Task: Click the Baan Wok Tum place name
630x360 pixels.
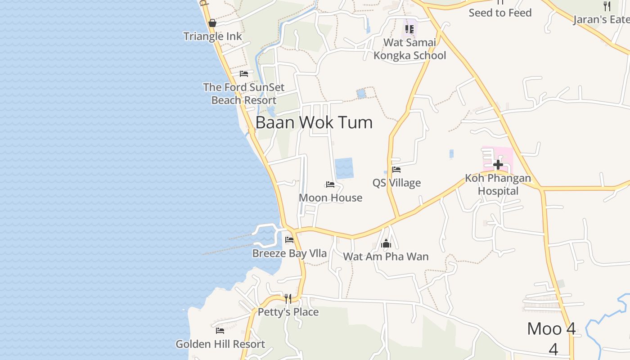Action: [314, 122]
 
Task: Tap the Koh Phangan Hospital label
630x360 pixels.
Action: [498, 184]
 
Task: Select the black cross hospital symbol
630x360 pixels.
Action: [498, 164]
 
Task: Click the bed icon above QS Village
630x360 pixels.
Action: [396, 170]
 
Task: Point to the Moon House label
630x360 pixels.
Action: [330, 198]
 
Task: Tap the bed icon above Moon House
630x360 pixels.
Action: [330, 184]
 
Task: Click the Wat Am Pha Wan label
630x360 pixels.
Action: [386, 256]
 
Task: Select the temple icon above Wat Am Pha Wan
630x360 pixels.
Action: [386, 244]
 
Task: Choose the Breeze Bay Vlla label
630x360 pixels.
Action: [289, 253]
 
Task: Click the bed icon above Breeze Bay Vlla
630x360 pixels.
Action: [289, 240]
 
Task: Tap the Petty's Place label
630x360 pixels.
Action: [288, 312]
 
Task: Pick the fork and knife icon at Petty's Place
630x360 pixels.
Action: [288, 298]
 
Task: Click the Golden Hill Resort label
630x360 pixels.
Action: [220, 344]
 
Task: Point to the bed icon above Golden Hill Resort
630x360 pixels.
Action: [220, 331]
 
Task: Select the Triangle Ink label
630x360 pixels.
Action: [213, 36]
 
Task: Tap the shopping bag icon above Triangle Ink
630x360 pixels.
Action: [212, 23]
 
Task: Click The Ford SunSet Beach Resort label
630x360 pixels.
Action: [244, 94]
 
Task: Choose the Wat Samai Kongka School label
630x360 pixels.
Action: [409, 49]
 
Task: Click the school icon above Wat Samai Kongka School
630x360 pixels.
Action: [409, 29]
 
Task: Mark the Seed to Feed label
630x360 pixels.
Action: [500, 13]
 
